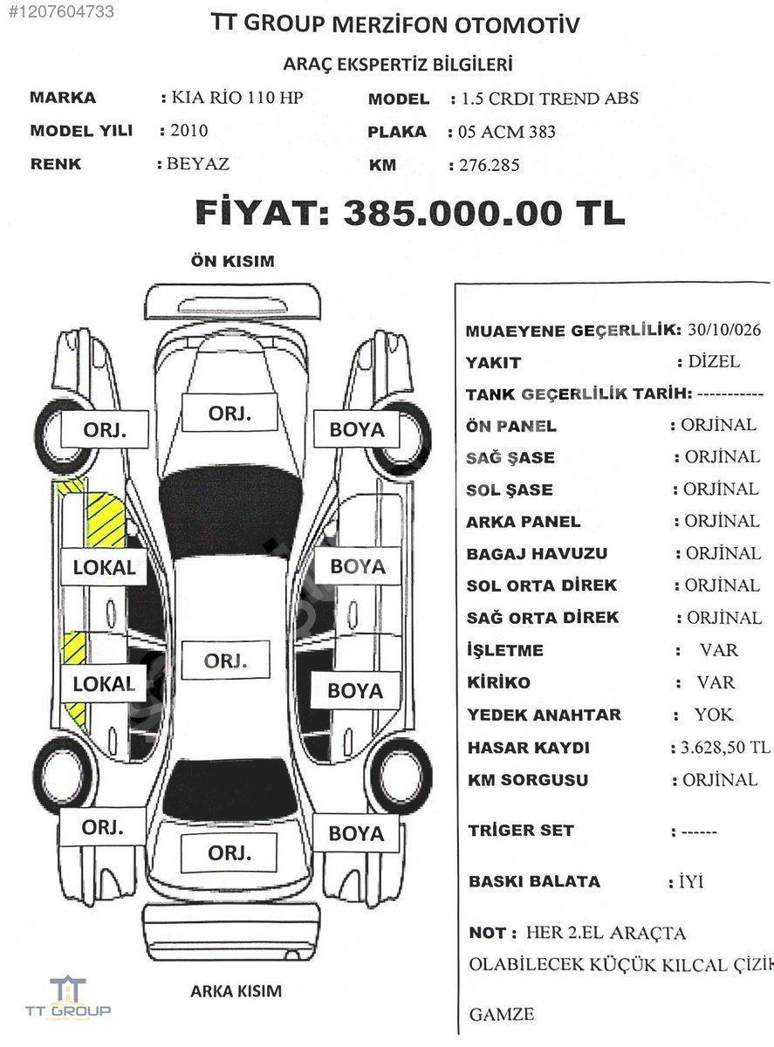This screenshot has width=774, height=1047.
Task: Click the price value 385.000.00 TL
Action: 484,213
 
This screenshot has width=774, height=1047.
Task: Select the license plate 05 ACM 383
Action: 507,132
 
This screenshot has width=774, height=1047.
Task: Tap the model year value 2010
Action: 188,130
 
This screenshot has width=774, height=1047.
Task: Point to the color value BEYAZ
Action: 198,164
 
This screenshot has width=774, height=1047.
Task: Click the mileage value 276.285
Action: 490,165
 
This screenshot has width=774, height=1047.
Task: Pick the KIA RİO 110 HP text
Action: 237,97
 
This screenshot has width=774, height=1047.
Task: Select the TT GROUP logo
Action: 68,997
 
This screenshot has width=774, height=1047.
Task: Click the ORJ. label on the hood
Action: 229,413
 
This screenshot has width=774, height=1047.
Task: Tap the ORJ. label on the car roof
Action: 225,660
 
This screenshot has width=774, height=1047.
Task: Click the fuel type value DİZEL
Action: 714,361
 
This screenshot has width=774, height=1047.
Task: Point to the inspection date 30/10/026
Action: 724,330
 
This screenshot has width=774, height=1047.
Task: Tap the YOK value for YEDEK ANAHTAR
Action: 714,715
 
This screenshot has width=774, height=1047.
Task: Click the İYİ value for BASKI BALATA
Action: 691,881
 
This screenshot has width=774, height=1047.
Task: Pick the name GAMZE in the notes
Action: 502,1014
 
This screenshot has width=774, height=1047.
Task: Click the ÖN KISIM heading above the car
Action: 232,261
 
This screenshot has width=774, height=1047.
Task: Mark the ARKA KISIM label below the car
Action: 236,991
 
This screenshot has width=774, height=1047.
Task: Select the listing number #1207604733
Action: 61,11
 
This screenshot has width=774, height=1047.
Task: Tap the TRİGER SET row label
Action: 521,831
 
